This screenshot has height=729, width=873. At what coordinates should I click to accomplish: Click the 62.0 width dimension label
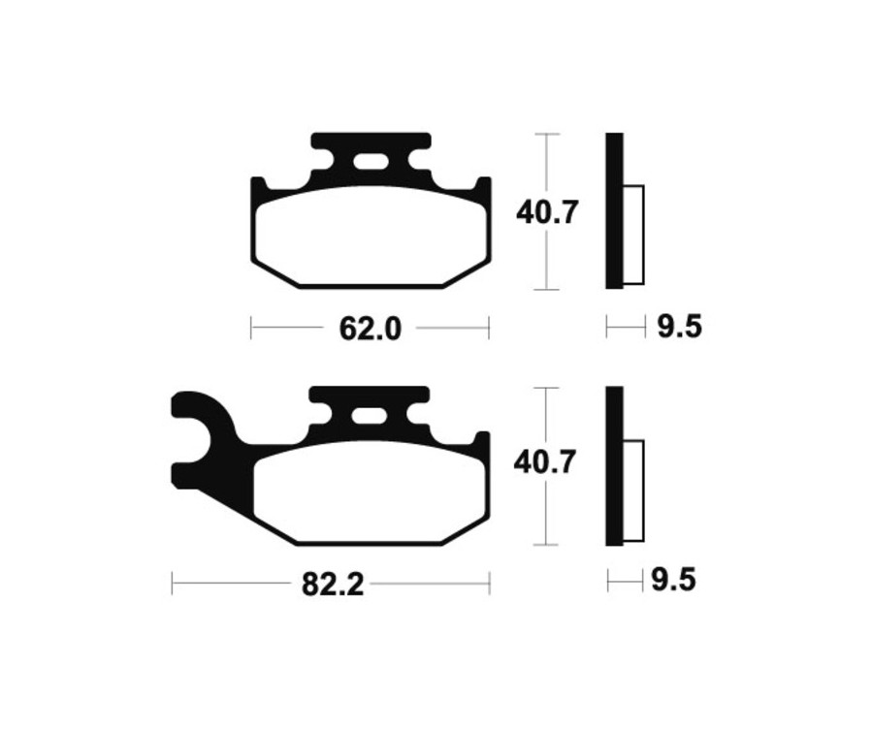tap(370, 330)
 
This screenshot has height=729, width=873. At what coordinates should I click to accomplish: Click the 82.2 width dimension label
tap(331, 585)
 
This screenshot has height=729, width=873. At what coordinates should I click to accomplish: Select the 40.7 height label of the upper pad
tap(547, 211)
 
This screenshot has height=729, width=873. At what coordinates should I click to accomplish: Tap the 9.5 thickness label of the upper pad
tap(679, 328)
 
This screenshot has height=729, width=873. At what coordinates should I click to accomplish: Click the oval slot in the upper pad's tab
tap(370, 162)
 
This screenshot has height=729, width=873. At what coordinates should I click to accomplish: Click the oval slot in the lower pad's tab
tap(369, 417)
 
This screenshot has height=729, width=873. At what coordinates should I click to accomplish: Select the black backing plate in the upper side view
tap(614, 210)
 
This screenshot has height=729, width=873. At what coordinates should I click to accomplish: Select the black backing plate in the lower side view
tap(614, 465)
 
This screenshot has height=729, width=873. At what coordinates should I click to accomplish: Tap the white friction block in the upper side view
tap(632, 234)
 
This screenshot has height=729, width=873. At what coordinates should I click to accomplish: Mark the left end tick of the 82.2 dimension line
tap(173, 584)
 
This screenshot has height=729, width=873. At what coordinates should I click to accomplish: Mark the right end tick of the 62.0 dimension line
tap(488, 329)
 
